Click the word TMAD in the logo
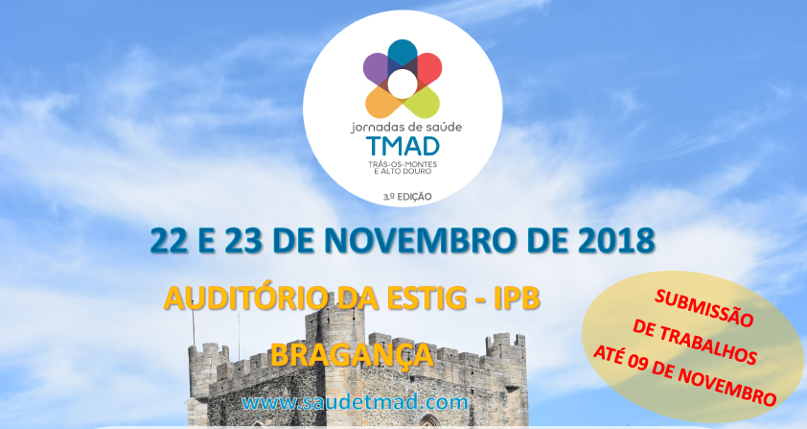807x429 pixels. pyautogui.click(x=403, y=147)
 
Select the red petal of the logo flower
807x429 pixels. pyautogui.click(x=427, y=68)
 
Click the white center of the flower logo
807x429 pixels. pyautogui.click(x=403, y=84)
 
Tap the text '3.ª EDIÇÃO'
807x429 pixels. pyautogui.click(x=406, y=197)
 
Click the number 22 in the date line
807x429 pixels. pyautogui.click(x=169, y=240)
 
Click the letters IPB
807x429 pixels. pyautogui.click(x=517, y=299)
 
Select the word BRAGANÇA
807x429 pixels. pyautogui.click(x=352, y=355)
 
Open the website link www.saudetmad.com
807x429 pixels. pyautogui.click(x=356, y=402)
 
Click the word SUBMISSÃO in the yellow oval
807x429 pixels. pyautogui.click(x=704, y=307)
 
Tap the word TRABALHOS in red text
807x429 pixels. pyautogui.click(x=694, y=342)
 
